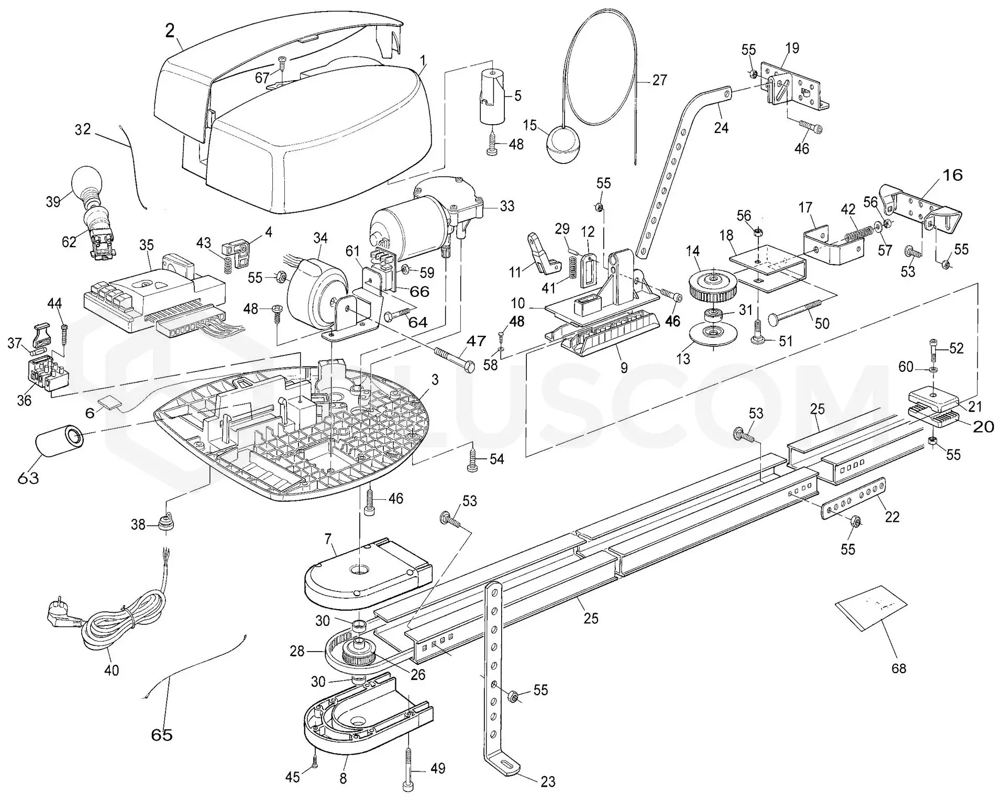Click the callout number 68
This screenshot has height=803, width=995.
point(899,668)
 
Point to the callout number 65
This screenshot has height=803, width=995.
point(162,735)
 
